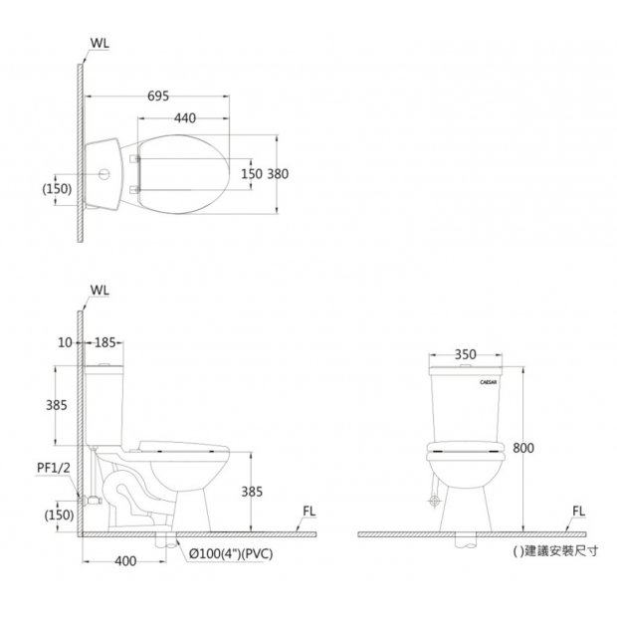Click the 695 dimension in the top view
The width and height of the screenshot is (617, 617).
tap(158, 96)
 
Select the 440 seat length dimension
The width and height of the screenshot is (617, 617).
tap(185, 118)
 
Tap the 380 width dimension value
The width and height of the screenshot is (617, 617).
tap(278, 174)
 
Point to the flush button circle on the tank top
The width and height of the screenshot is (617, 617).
tap(104, 174)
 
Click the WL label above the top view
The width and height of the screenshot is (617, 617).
tap(100, 43)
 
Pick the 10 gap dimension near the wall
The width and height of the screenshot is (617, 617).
tap(65, 342)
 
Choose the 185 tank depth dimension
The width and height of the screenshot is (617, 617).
tap(104, 342)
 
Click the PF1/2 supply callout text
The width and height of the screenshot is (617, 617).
tap(54, 468)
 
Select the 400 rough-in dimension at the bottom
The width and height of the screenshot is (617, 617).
tap(125, 561)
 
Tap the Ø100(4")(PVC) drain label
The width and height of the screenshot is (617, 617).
tap(231, 554)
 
